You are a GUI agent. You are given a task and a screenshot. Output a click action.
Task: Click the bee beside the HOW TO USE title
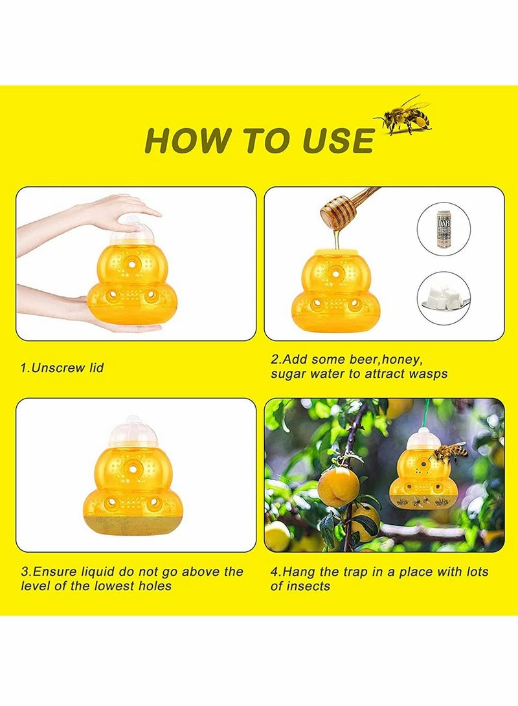405,116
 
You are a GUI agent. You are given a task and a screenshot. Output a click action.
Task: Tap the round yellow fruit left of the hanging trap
338,487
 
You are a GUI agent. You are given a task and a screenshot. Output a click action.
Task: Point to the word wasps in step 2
428,374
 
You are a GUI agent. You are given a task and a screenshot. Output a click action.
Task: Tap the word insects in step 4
309,586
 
